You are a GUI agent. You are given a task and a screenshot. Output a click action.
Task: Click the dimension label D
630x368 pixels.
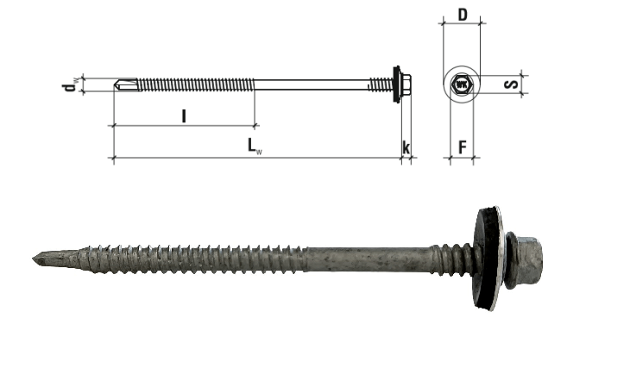(x=463, y=16)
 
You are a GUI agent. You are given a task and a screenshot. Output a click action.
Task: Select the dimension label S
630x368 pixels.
(x=511, y=84)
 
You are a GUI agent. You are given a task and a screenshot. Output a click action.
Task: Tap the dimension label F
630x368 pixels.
(x=463, y=147)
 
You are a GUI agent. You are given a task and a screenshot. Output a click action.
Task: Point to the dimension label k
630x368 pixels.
(x=406, y=147)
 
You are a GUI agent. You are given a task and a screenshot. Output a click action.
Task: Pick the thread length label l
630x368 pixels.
(x=184, y=116)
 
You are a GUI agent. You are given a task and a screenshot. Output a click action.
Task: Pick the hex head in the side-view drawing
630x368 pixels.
(x=406, y=84)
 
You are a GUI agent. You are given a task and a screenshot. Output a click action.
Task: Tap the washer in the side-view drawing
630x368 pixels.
(x=397, y=84)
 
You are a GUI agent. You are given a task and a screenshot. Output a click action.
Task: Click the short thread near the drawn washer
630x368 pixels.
(x=380, y=84)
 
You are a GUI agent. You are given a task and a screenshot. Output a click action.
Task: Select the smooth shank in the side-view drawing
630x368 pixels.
(x=312, y=84)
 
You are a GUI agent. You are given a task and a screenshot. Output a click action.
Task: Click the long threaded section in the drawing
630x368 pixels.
(x=197, y=84)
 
